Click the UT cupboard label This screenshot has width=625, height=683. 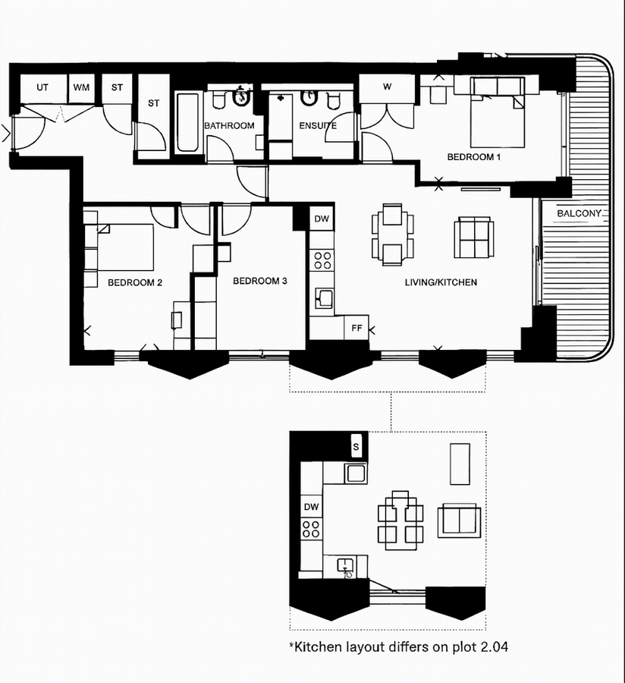click(42, 87)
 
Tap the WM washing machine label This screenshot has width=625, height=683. click(81, 87)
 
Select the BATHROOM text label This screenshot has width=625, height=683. click(228, 125)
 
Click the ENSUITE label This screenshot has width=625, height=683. click(317, 125)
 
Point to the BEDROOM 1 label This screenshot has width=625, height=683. click(474, 157)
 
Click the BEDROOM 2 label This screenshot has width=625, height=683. click(135, 282)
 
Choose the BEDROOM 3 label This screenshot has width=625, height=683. click(259, 281)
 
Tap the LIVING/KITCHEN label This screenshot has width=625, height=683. click(440, 282)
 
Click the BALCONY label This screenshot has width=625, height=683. click(581, 214)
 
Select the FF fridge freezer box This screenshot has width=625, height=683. click(356, 329)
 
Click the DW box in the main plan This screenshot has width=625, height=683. click(322, 219)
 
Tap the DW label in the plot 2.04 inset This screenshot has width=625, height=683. click(311, 506)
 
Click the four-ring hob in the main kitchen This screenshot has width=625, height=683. click(322, 260)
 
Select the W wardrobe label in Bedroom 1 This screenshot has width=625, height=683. click(387, 87)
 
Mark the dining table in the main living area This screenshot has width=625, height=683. click(393, 234)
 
